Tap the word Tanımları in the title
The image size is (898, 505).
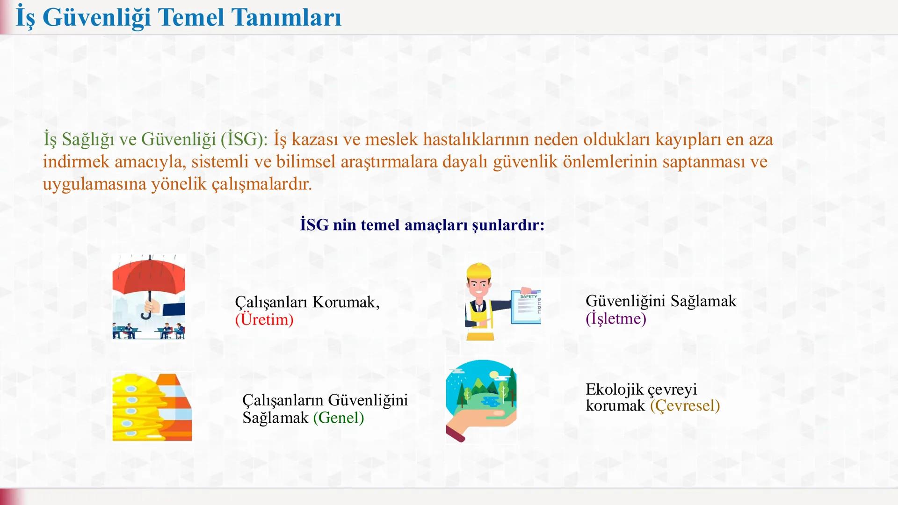coord(286,18)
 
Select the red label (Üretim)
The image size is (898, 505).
coord(264,319)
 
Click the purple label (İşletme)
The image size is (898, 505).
coord(616,318)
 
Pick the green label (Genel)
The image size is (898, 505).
coord(338,417)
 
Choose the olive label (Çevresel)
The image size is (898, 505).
coord(685,405)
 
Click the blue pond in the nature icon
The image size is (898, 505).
coord(490,401)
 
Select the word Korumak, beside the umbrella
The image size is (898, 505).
coord(346,302)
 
